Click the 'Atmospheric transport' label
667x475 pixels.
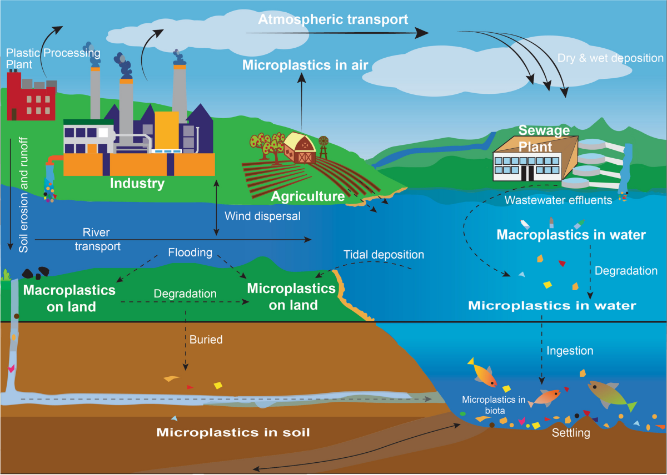pos(333,19)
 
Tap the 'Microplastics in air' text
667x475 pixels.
pos(305,65)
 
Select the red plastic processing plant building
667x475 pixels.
pos(31,96)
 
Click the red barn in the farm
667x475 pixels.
pos(300,148)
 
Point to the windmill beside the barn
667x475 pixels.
pos(323,147)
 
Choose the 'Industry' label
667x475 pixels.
pos(137,183)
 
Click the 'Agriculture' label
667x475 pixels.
pos(308,196)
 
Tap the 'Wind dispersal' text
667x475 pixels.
pos(262,216)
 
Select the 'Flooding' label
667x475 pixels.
pos(190,252)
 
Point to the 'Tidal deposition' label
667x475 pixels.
pos(384,255)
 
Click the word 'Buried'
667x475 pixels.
pos(206,340)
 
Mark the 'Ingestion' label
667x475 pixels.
pos(570,351)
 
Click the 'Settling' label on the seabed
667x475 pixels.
pos(571,433)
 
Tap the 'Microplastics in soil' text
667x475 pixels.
pos(233,432)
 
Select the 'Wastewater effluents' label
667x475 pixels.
pos(558,200)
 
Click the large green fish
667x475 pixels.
pos(611,395)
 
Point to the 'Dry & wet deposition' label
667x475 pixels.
pos(610,58)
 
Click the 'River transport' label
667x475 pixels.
pos(97,239)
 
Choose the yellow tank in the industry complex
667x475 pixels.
pos(167,130)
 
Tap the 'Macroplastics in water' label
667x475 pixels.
pos(571,235)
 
